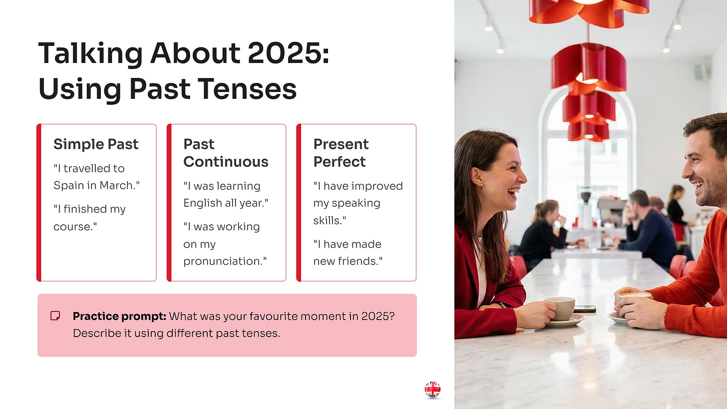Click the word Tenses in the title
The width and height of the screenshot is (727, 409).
click(247, 89)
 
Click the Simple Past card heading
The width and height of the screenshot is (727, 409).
click(96, 144)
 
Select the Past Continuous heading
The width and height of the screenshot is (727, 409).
click(226, 153)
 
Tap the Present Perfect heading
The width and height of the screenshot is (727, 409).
click(341, 153)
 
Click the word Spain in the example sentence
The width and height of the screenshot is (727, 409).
click(69, 186)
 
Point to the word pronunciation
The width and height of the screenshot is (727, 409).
click(222, 262)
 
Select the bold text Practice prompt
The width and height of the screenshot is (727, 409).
click(119, 317)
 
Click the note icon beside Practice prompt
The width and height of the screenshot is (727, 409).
click(55, 316)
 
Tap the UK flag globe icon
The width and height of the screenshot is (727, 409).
click(432, 390)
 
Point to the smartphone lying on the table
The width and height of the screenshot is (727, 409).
click(585, 309)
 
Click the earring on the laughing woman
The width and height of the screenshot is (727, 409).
click(481, 185)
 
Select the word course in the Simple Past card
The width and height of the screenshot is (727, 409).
click(74, 227)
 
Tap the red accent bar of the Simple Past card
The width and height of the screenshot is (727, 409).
click(39, 203)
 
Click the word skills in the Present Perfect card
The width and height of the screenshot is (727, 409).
click(328, 221)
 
